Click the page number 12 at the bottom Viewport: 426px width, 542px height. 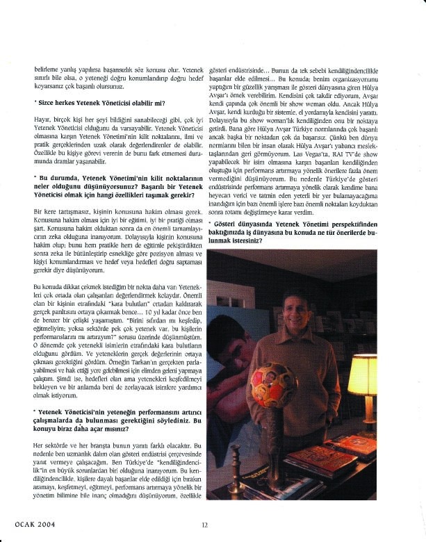coord(205,525)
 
